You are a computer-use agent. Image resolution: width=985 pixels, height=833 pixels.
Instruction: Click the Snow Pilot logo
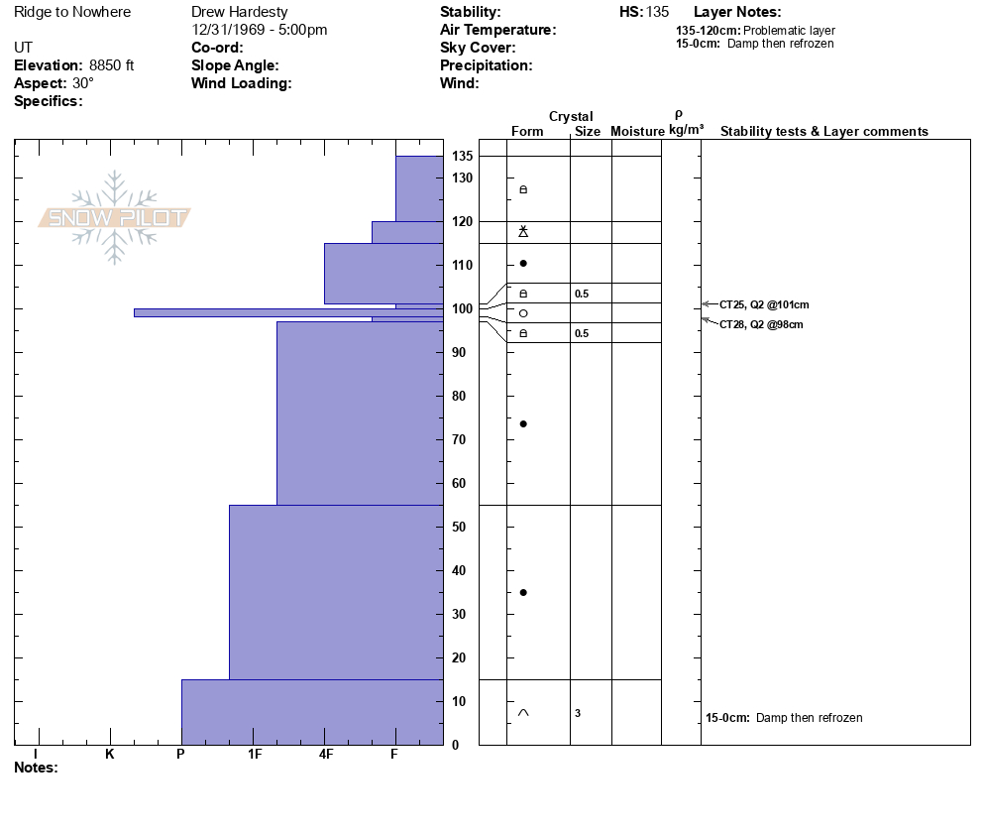pos(114,217)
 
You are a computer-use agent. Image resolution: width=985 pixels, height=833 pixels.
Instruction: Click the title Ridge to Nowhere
pos(72,12)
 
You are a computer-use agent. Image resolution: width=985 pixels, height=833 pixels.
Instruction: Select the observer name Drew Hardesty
pos(239,12)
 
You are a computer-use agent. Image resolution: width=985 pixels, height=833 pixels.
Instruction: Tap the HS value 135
pos(658,12)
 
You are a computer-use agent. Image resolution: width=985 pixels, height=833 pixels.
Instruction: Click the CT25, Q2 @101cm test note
pos(756,304)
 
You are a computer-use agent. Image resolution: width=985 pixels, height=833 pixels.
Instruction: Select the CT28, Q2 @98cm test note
pos(761,324)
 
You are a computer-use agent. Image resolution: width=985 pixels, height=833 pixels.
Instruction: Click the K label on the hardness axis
pos(110,754)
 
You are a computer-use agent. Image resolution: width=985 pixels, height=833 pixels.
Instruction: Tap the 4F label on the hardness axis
pos(326,754)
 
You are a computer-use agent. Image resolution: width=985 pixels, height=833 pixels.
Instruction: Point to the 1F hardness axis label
pos(255,754)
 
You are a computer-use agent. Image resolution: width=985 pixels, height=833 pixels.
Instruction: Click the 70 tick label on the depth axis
pos(460,439)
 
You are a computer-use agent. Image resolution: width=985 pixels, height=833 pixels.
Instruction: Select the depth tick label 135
pos(462,157)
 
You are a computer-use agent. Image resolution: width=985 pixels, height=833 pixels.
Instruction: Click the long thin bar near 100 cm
pos(287,312)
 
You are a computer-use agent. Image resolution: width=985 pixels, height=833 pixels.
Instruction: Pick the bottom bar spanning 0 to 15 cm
pos(312,711)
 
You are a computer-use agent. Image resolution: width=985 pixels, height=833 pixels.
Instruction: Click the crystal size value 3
pos(577,713)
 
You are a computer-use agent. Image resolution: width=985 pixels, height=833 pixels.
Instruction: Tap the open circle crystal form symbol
pos(523,313)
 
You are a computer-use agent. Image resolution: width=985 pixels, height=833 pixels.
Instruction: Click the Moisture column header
pos(637,131)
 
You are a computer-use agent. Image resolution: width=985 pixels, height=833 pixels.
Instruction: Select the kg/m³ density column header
pos(686,130)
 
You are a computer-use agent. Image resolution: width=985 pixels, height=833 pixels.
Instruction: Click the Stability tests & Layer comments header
pos(823,131)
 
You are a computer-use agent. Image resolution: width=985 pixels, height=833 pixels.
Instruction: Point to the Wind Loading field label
pos(241,83)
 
